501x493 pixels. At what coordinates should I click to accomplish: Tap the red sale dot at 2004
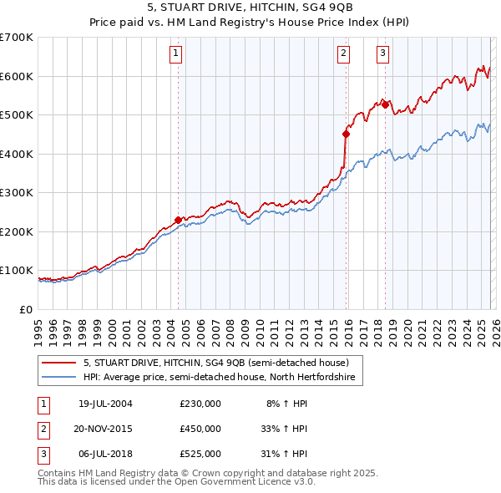tap(178, 221)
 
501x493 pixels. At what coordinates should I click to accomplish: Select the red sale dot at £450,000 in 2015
tap(346, 134)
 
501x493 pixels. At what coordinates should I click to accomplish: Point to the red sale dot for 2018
tap(385, 104)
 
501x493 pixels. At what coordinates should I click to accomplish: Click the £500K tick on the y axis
tap(17, 115)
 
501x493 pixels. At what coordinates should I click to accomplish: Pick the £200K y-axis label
tap(17, 231)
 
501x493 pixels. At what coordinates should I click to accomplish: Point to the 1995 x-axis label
tap(38, 330)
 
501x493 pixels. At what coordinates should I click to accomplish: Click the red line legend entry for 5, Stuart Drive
tap(221, 363)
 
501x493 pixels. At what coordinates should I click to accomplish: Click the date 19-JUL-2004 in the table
tap(105, 404)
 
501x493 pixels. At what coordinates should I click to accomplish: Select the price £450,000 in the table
tap(200, 429)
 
